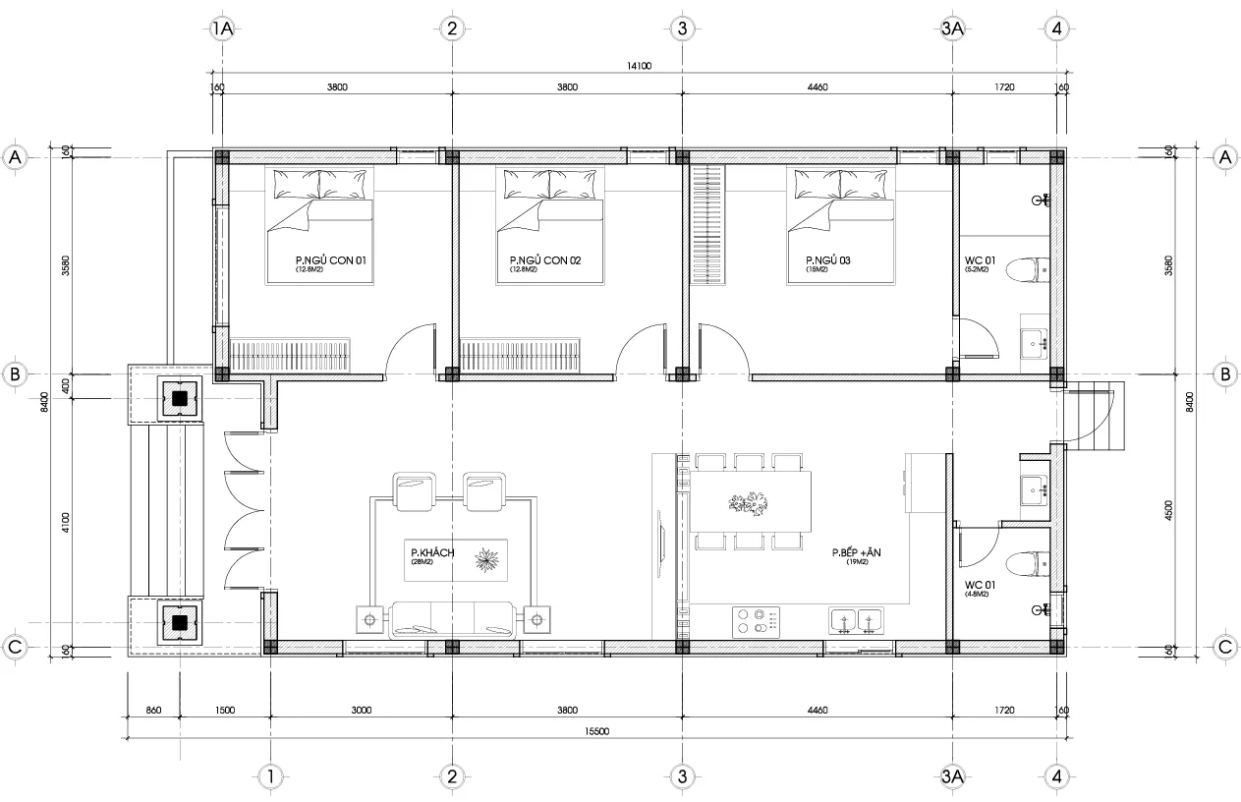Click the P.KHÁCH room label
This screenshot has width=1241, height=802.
click(x=432, y=553)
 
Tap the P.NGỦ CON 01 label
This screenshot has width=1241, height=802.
click(x=330, y=260)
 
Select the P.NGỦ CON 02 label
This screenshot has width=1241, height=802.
click(x=545, y=260)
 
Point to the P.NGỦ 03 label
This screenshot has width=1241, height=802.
click(x=827, y=260)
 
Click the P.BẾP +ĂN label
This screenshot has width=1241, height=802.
click(x=856, y=554)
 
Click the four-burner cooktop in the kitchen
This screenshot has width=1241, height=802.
click(x=757, y=620)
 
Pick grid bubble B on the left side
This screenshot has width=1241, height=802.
click(x=15, y=373)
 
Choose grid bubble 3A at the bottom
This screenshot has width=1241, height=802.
click(x=951, y=776)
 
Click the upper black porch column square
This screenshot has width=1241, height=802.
click(x=180, y=399)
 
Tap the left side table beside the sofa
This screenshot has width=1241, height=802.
click(x=370, y=619)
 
